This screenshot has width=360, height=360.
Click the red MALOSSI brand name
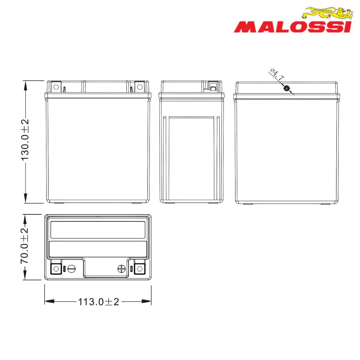[x=293, y=27]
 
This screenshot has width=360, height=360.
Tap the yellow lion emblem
[x=328, y=13]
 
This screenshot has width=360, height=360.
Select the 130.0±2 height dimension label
[x=25, y=140]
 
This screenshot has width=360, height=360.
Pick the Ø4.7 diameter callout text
[x=277, y=74]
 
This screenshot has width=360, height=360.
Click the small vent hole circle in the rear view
[x=286, y=88]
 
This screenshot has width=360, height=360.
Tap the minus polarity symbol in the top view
[x=72, y=269]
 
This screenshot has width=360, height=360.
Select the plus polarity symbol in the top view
[x=121, y=269]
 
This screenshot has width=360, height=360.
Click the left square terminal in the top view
[x=56, y=269]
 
